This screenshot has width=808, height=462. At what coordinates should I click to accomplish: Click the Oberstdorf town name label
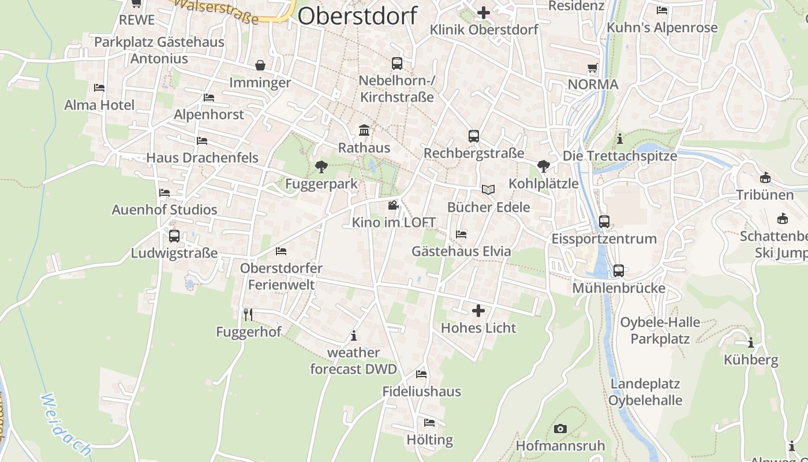coord(357,16)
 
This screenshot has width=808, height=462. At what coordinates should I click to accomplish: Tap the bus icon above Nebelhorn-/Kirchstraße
coord(396,64)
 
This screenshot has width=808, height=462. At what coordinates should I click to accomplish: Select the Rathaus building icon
coord(364,130)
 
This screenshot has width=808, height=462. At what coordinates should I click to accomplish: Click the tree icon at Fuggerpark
coord(321,167)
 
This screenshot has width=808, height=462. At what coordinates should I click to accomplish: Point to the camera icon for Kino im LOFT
coord(393,205)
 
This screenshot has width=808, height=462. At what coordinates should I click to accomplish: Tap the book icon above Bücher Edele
coord(488,189)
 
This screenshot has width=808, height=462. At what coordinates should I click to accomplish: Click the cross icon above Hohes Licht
coord(478,311)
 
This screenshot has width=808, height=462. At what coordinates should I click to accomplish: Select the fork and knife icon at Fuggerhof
coord(248,314)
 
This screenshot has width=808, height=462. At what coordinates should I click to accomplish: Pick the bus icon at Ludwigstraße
coord(174,236)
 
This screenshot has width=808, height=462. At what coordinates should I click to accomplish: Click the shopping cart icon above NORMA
coord(593,68)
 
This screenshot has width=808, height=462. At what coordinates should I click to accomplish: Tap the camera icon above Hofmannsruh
coord(560,429)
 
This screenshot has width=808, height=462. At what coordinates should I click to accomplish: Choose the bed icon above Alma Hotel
coord(99,88)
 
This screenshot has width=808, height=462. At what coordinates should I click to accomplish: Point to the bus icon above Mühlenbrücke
coord(619,271)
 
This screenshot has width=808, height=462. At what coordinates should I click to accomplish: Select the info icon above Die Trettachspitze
coord(620,139)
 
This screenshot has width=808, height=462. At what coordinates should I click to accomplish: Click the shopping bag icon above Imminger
coord(260,65)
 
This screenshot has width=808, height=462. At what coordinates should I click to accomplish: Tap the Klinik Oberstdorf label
coord(484,29)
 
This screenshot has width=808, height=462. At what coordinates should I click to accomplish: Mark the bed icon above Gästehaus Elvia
coord(461,234)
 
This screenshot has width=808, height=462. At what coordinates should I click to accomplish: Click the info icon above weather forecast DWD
coord(354,336)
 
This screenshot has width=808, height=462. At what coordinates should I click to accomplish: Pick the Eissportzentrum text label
coord(604,239)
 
